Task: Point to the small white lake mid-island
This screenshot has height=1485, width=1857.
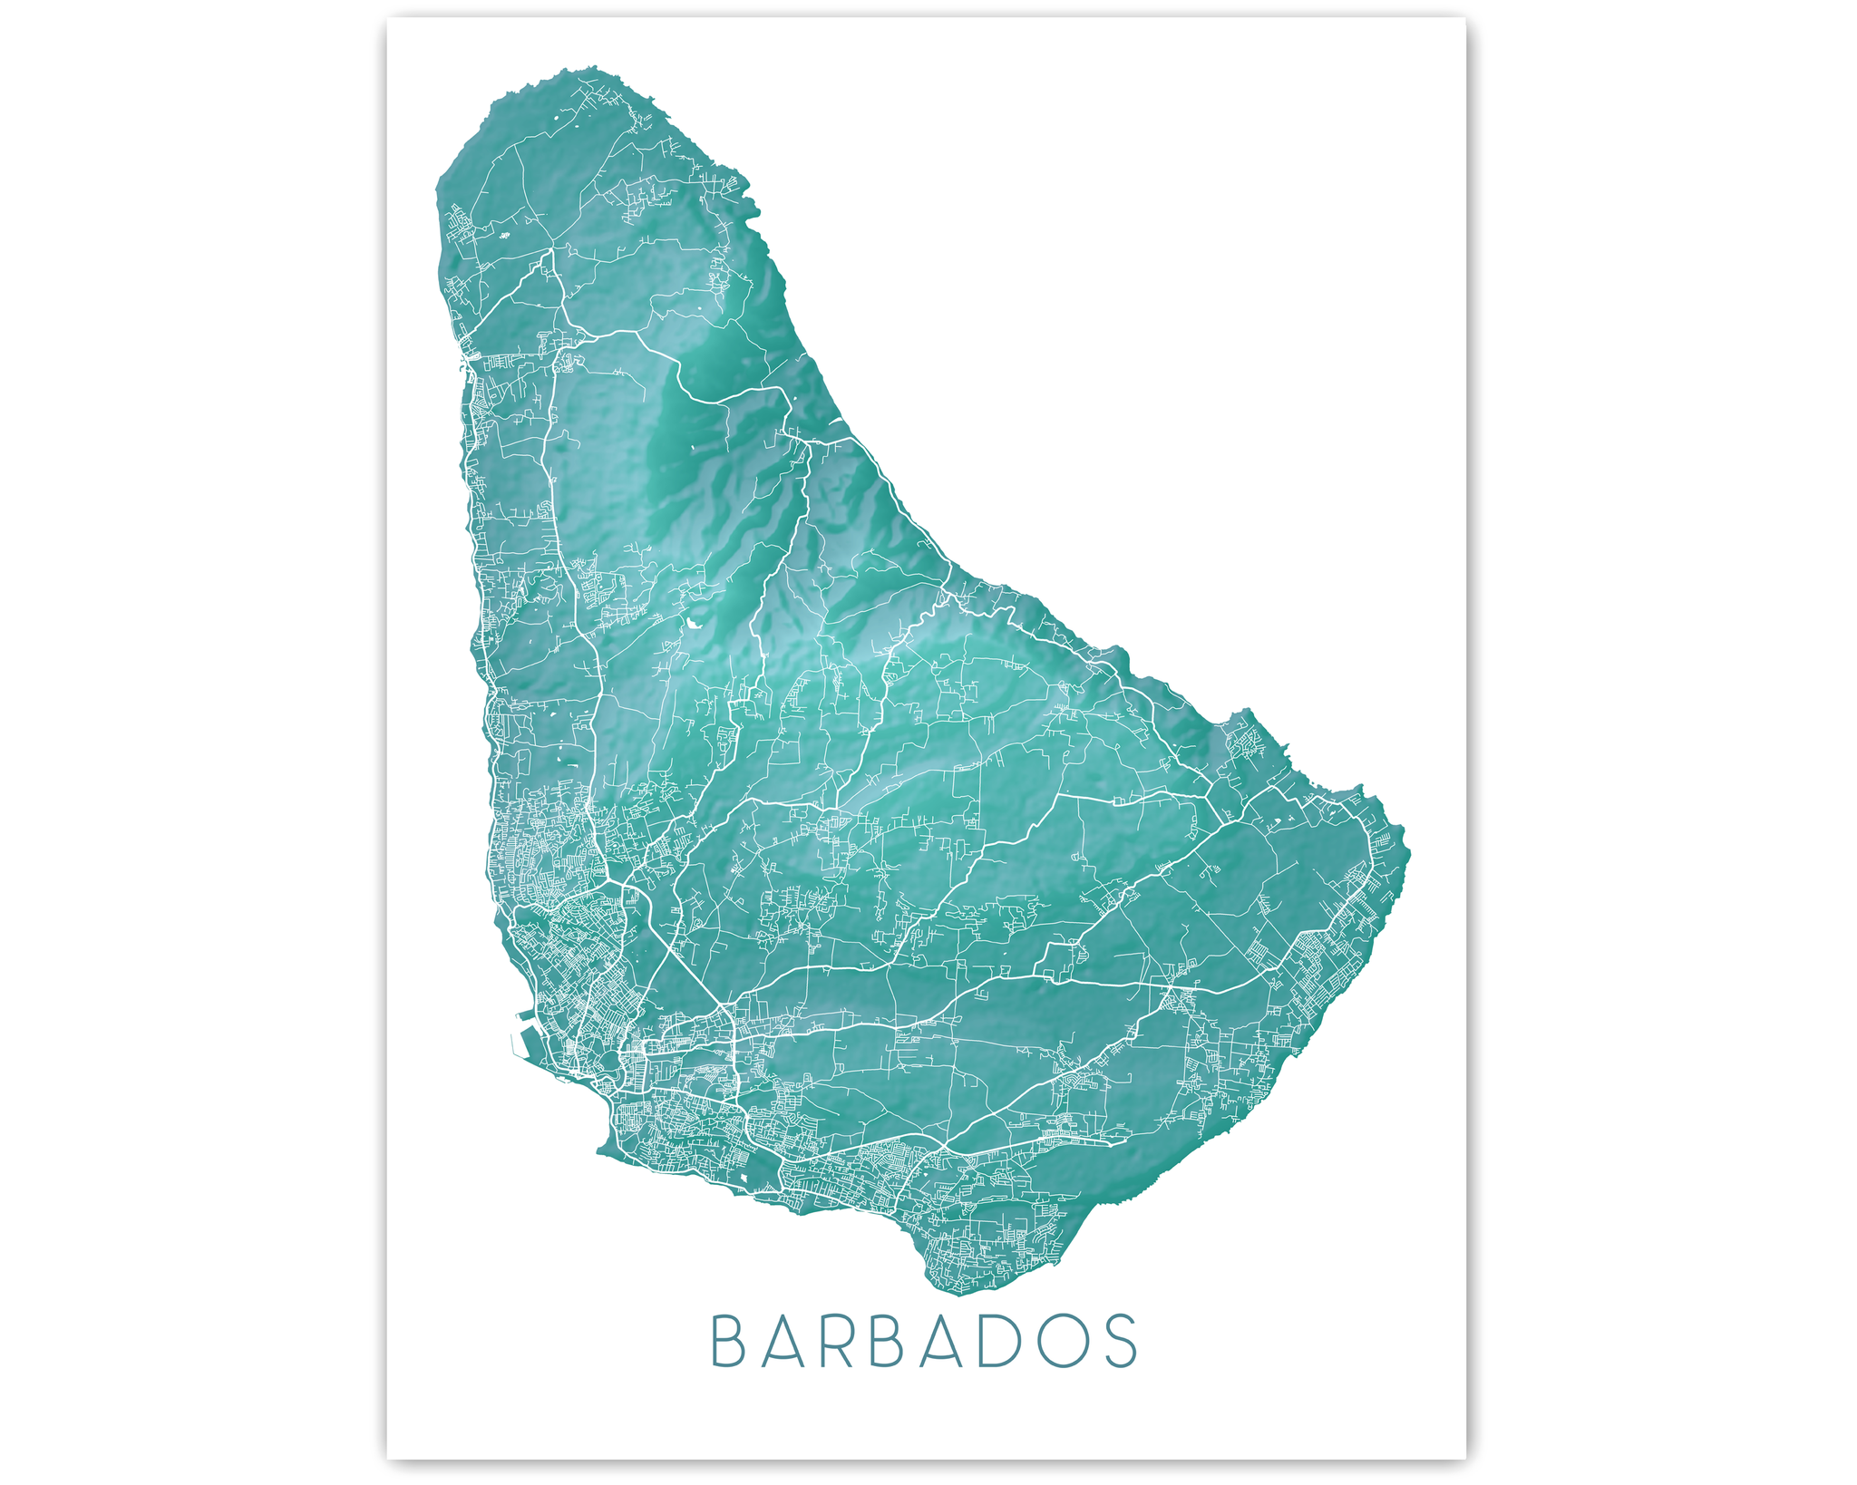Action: tap(694, 624)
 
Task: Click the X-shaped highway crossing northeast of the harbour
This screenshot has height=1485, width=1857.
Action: tap(617, 879)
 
